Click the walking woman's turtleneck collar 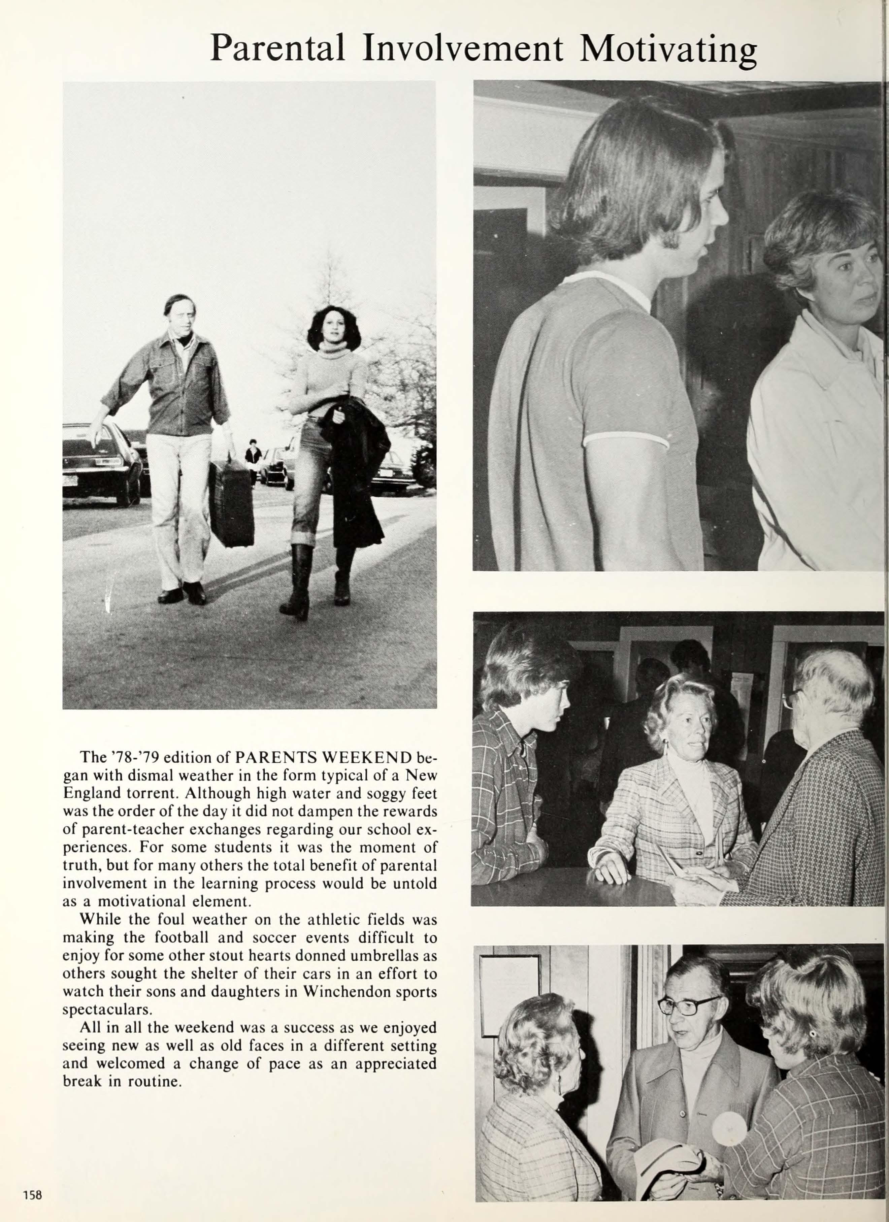click(334, 351)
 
